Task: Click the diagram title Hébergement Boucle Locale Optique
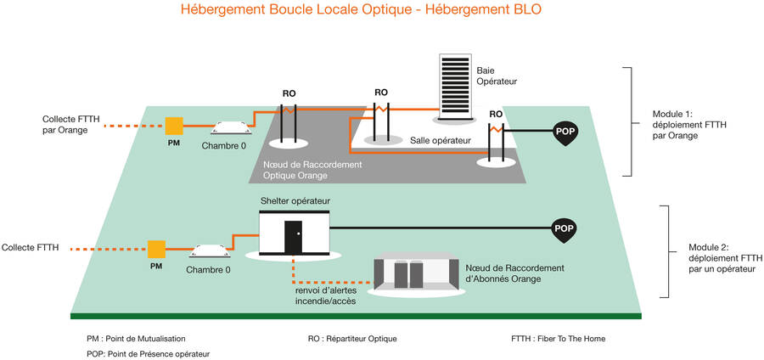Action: pos(361,10)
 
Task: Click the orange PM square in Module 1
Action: pos(174,127)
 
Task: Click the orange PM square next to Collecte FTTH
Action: pos(156,250)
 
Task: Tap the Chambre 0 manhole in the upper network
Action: pos(230,127)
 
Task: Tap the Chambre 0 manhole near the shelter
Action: pos(209,251)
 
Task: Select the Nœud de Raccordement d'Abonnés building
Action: pos(416,273)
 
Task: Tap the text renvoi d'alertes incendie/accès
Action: pos(320,295)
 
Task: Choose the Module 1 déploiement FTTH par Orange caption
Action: pos(688,124)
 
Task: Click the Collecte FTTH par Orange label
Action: pos(65,125)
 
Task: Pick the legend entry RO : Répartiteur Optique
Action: pos(352,338)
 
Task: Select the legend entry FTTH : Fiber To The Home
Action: pos(558,338)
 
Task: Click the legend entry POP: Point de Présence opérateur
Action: pos(148,353)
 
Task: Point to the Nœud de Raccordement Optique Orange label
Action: pos(312,170)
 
